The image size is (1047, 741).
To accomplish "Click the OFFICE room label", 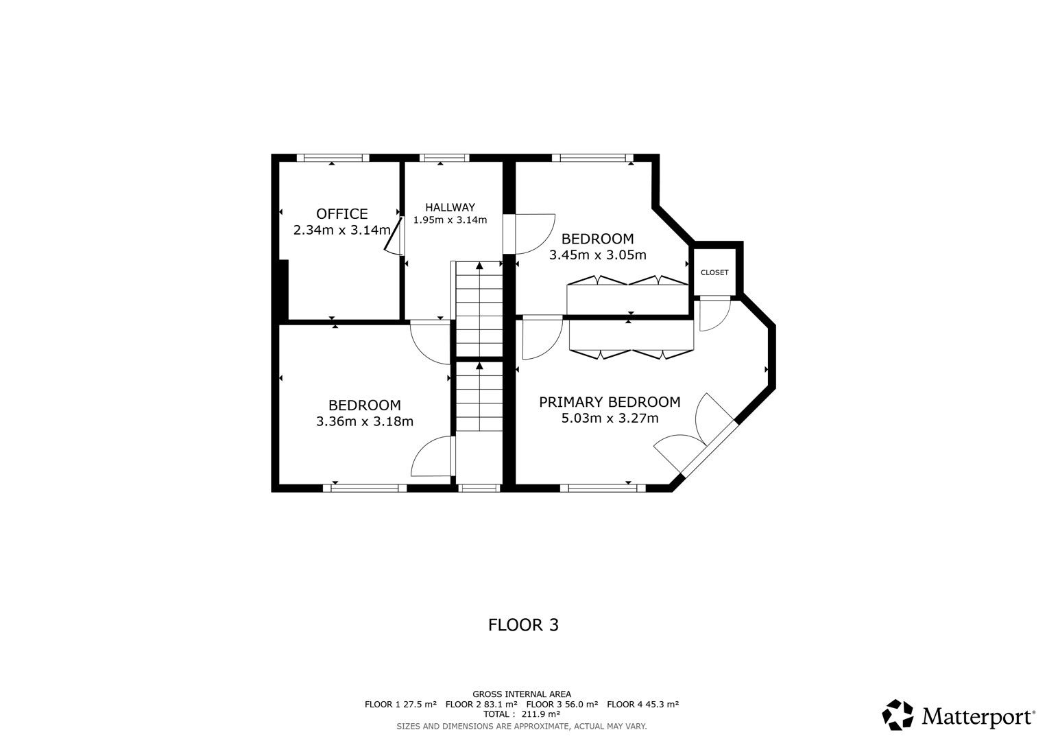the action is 341,214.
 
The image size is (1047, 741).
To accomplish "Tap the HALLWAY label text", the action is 450,207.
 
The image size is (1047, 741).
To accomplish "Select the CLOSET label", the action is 714,272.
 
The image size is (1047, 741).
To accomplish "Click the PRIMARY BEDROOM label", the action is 610,402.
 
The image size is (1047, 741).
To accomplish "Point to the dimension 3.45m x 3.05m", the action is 598,255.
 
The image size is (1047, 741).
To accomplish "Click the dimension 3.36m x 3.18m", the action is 365,421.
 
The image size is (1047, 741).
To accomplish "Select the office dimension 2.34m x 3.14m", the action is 341,230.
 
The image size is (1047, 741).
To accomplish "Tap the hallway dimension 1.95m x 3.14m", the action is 450,220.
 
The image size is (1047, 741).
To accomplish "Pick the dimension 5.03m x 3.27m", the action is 610,419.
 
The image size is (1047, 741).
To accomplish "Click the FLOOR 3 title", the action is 524,625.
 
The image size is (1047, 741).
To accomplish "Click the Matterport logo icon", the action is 898,715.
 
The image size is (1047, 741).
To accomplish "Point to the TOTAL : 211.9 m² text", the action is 522,714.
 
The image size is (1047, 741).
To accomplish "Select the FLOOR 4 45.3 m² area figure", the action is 642,704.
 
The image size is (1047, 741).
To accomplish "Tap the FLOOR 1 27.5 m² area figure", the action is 400,704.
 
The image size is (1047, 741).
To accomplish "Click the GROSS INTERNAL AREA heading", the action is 522,694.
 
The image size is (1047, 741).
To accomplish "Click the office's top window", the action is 333,158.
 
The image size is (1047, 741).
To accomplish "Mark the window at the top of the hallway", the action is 444,158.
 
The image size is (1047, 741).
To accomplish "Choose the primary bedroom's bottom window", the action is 603,489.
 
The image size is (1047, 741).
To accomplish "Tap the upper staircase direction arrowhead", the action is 479,266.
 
